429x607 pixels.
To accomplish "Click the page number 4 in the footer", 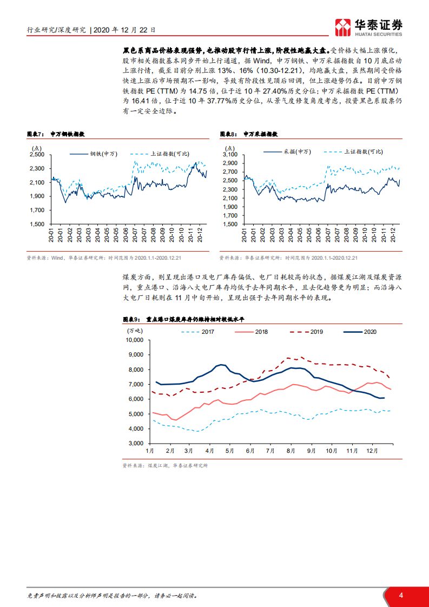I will pyautogui.click(x=401, y=596).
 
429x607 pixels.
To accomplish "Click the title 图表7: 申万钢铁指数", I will pyautogui.click(x=60, y=134).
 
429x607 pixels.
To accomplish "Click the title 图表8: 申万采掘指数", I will pyautogui.click(x=252, y=134).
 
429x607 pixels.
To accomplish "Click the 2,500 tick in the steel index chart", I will pyautogui.click(x=37, y=154).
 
